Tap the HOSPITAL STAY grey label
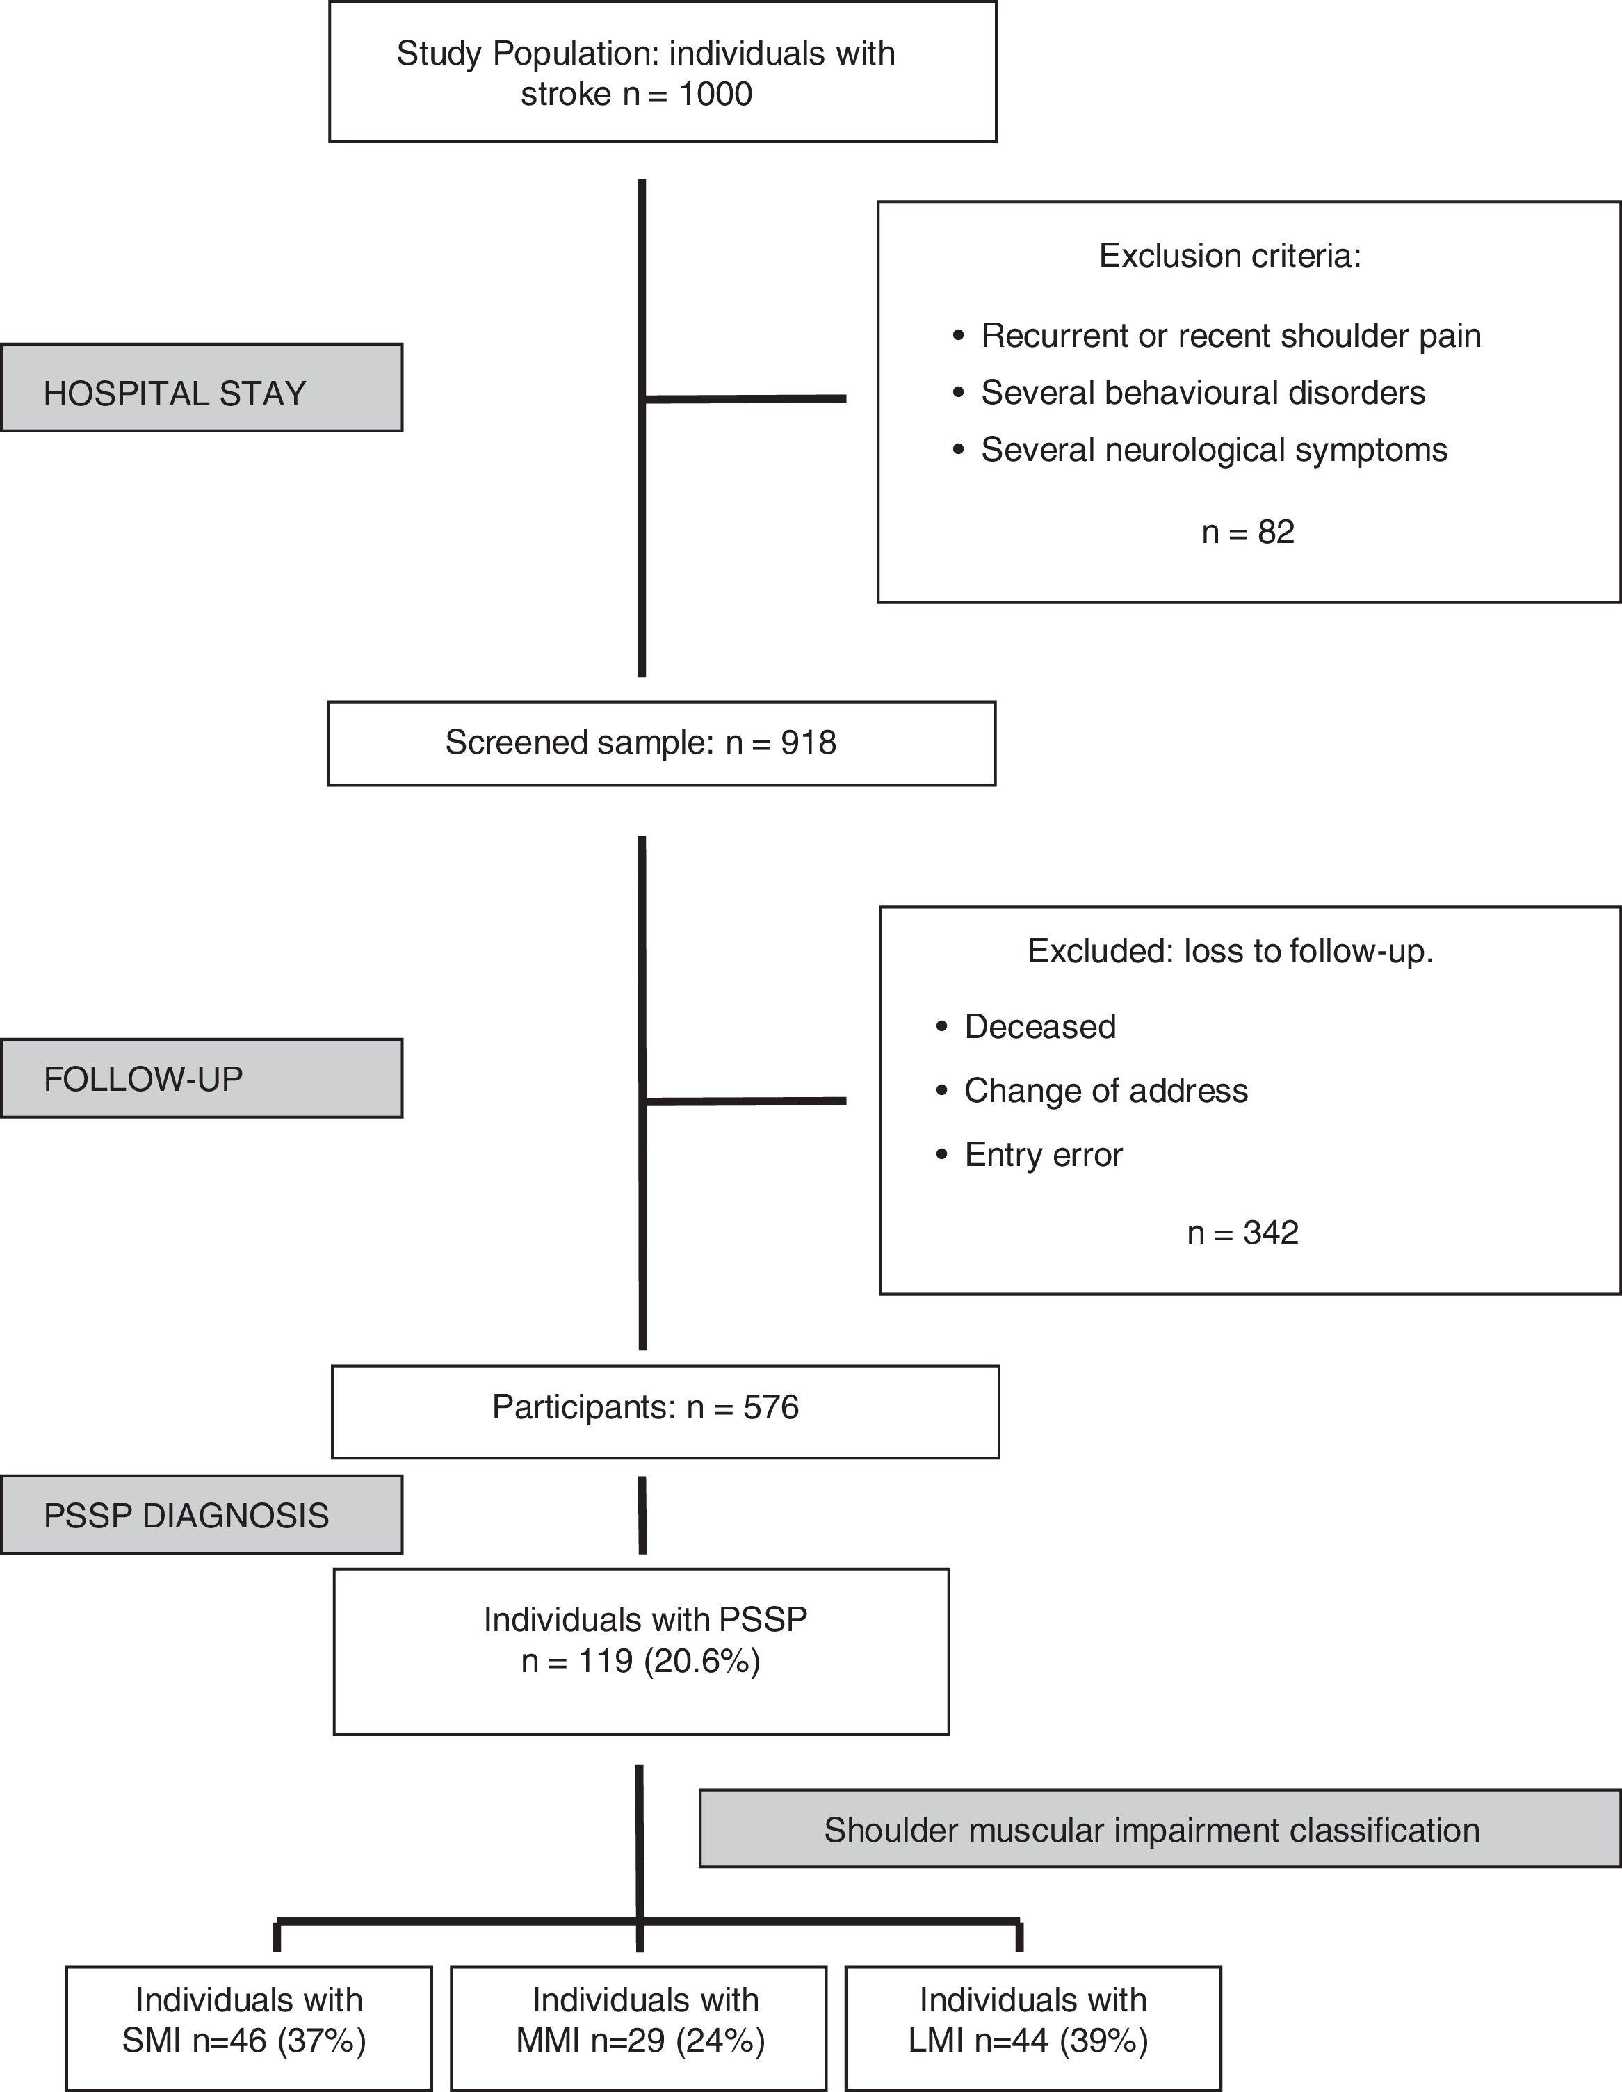pyautogui.click(x=201, y=388)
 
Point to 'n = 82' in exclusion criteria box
pyautogui.click(x=1247, y=532)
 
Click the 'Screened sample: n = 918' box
pyautogui.click(x=661, y=743)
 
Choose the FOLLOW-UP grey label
pyautogui.click(x=201, y=1078)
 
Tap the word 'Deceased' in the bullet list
pyautogui.click(x=1039, y=1026)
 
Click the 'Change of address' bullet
pyautogui.click(x=1105, y=1090)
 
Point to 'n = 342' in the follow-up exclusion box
pyautogui.click(x=1242, y=1232)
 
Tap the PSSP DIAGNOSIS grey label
pyautogui.click(x=201, y=1516)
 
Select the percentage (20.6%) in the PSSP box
pyautogui.click(x=702, y=1660)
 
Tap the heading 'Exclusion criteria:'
pyautogui.click(x=1229, y=256)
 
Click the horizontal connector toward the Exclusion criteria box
pyautogui.click(x=745, y=398)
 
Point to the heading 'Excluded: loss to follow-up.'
pyautogui.click(x=1229, y=951)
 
